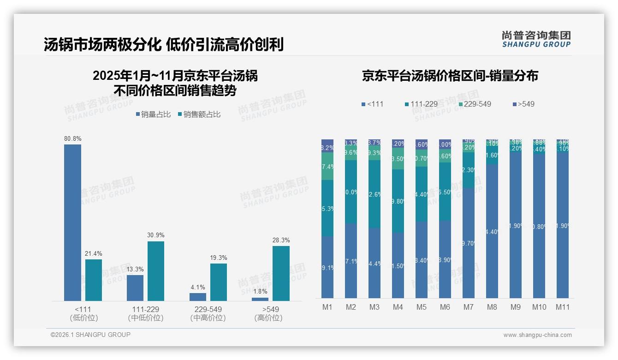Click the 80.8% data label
coord(72,138)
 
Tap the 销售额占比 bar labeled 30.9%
coord(156,271)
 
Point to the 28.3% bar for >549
coord(281,273)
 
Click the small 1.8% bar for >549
coord(260,299)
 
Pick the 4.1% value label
coord(197,287)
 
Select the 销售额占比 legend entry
coord(199,114)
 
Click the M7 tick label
coord(469,307)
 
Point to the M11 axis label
coord(562,307)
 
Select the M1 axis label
coord(327,307)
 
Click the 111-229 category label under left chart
coord(146,309)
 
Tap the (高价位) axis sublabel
coord(268,318)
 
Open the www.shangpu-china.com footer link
coord(537,335)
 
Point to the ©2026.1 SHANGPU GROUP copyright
coord(90,335)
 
